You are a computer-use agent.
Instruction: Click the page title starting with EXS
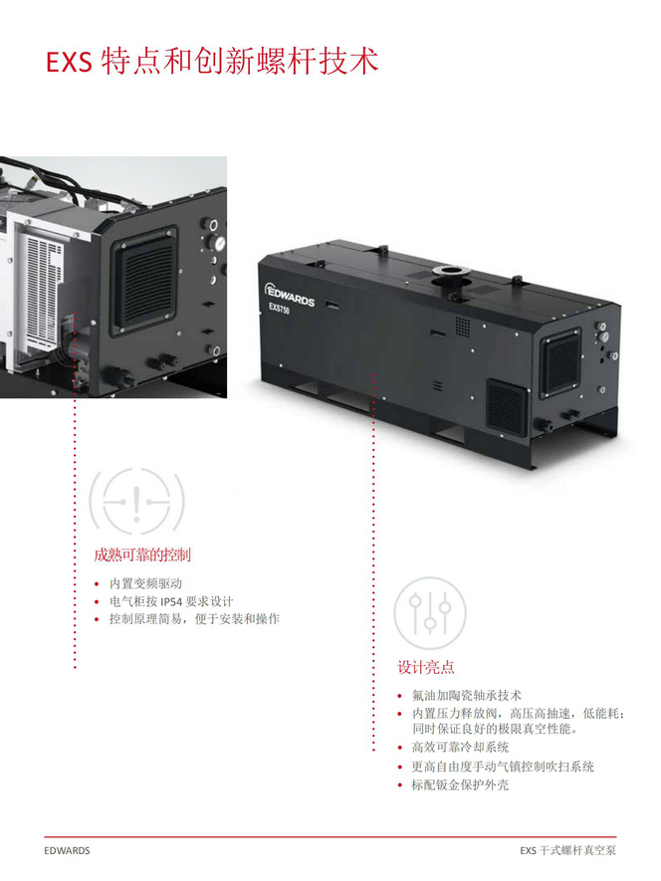[212, 62]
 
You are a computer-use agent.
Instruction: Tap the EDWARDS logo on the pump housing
[289, 295]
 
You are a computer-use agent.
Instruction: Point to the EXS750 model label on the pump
[279, 309]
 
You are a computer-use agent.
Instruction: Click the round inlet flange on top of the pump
[448, 272]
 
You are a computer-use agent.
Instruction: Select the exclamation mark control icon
[136, 502]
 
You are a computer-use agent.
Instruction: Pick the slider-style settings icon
[430, 613]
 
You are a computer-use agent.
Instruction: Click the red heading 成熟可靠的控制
[142, 555]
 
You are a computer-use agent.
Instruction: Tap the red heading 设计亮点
[425, 668]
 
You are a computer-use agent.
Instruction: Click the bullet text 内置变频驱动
[145, 583]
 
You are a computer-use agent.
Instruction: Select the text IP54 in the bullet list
[171, 602]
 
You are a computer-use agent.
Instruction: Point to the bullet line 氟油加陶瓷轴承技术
[467, 696]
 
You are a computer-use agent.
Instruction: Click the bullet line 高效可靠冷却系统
[460, 748]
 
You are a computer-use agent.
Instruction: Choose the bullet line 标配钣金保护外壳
[460, 784]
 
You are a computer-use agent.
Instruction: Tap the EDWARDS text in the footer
[67, 851]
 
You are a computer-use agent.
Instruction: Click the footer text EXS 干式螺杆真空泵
[567, 851]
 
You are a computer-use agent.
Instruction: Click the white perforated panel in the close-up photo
[41, 291]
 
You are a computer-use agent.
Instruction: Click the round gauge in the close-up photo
[219, 243]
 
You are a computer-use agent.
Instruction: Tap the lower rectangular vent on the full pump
[507, 406]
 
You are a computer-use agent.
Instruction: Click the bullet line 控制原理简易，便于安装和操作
[194, 619]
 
